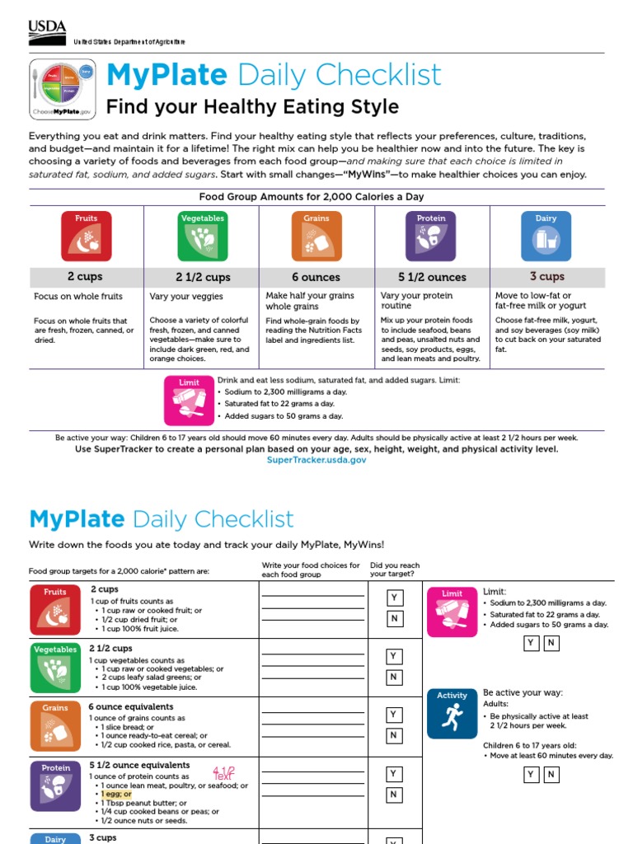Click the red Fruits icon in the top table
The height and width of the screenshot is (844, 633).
coord(86,237)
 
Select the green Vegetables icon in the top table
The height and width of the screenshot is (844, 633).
coord(202,237)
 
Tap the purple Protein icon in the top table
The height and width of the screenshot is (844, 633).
coord(431,237)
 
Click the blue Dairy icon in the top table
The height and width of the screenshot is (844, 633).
coord(546,237)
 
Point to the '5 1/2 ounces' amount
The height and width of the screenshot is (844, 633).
coord(432,278)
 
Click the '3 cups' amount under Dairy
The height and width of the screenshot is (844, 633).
coord(547,277)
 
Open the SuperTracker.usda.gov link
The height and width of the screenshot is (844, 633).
coord(316,460)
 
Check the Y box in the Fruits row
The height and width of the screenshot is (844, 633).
coord(395,597)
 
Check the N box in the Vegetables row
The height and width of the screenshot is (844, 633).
coord(395,678)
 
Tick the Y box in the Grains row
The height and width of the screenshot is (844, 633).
coord(395,715)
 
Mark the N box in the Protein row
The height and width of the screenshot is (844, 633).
coord(395,795)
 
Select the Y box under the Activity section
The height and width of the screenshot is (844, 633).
coord(532,775)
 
